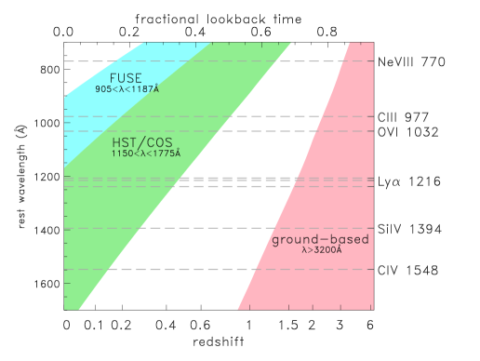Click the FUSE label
tap(126, 77)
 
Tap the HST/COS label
tap(141, 141)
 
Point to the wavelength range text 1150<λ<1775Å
tap(146, 153)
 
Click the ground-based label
tap(320, 240)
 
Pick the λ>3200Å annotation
tap(322, 250)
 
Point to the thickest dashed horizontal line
tap(233, 180)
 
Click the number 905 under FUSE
tap(103, 89)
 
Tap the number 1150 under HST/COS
tap(122, 153)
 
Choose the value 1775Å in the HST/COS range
tap(167, 153)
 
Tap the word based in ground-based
tap(346, 240)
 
